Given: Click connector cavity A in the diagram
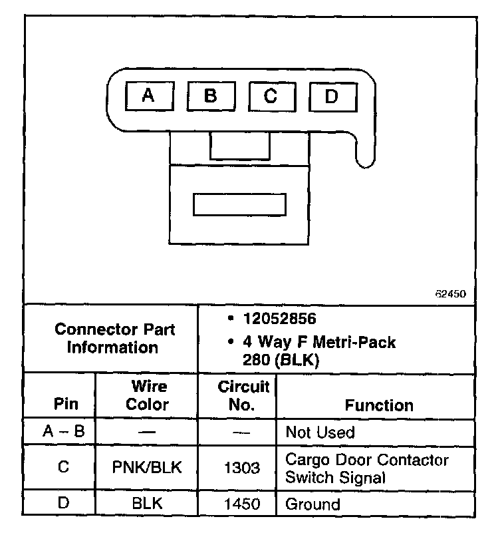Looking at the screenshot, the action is tap(149, 96).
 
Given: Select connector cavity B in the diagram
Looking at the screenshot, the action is tap(211, 96).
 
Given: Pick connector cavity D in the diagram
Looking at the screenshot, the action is tap(332, 96).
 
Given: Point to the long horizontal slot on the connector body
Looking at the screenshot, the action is tap(239, 205).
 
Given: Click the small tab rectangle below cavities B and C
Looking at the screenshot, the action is tap(240, 146).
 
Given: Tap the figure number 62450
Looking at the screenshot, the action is tap(451, 293).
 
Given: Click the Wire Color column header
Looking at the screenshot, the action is tap(148, 395).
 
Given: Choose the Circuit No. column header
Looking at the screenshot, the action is tap(243, 395).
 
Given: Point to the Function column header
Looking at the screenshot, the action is tap(379, 405).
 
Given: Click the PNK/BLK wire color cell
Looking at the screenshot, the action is tap(148, 468).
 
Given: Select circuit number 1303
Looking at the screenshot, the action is tap(242, 468).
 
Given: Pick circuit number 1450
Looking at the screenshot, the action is tap(242, 504).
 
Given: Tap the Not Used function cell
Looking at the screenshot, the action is tap(320, 433).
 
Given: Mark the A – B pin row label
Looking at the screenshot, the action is tap(63, 433).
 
